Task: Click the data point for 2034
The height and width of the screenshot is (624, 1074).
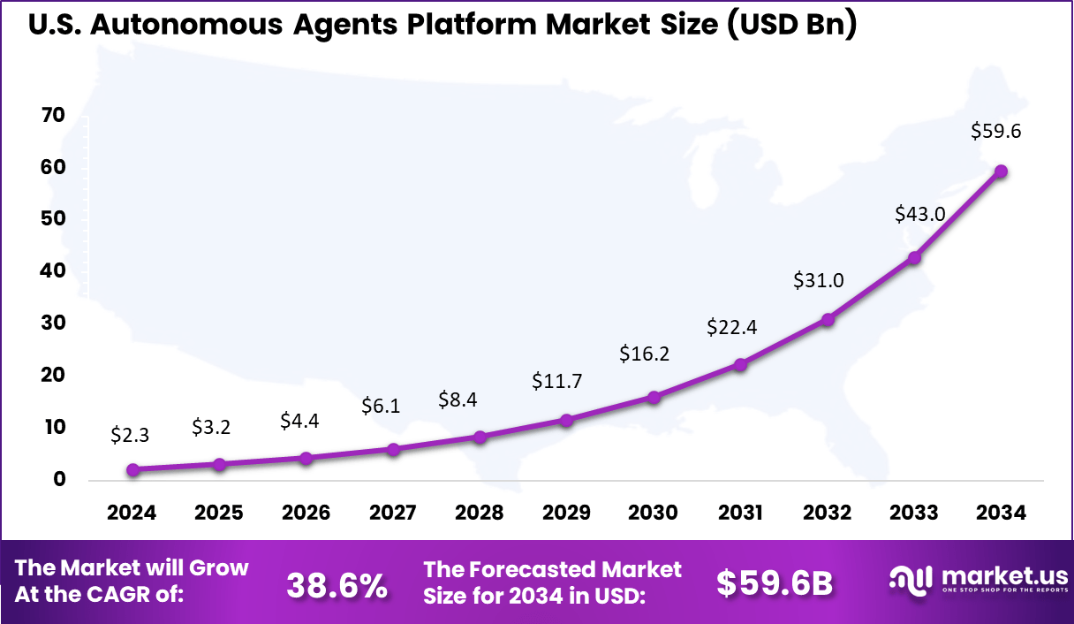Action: tap(1001, 171)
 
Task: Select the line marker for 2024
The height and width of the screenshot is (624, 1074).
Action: tap(132, 470)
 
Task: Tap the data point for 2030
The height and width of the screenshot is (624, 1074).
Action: tap(654, 398)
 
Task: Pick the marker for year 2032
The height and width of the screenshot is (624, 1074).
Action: tap(828, 320)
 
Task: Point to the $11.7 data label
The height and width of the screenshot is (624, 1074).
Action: tap(556, 381)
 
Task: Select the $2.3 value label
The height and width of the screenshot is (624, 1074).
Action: tap(130, 435)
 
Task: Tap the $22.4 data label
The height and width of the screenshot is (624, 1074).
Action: tap(731, 327)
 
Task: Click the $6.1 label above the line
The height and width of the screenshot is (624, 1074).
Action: tap(381, 406)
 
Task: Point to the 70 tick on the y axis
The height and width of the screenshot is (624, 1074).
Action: tap(54, 115)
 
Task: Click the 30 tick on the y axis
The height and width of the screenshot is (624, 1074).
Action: tap(54, 323)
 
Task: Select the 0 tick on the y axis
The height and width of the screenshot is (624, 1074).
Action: tap(59, 480)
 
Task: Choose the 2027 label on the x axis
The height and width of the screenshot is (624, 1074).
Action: tap(393, 514)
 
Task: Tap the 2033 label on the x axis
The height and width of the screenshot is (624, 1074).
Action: tap(914, 514)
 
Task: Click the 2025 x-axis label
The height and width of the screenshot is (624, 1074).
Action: tap(219, 514)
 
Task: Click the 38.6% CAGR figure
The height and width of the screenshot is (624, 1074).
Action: tap(337, 583)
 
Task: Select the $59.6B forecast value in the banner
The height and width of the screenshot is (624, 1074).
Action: tap(774, 583)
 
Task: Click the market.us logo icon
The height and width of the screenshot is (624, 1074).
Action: tap(911, 580)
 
